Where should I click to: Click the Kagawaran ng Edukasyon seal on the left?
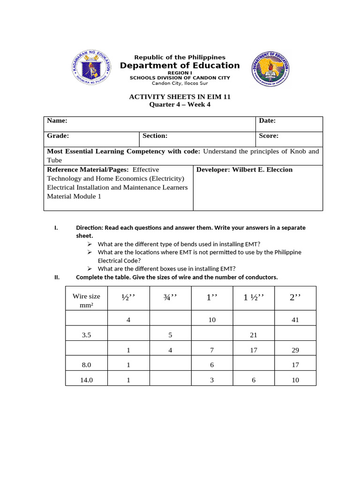[x=92, y=67]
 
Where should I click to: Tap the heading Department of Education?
[x=180, y=66]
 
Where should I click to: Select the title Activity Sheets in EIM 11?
[x=180, y=97]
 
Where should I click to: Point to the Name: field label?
[x=57, y=121]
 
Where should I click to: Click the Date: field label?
[x=267, y=121]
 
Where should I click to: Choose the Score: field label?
[x=269, y=136]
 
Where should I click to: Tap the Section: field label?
[x=155, y=136]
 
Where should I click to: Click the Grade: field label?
[x=58, y=136]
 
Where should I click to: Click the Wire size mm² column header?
[x=86, y=300]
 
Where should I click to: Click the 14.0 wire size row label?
[x=86, y=380]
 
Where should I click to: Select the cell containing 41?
[x=295, y=320]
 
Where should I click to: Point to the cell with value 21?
[x=254, y=335]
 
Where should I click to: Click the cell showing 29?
[x=295, y=350]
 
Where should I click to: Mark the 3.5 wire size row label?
[x=86, y=335]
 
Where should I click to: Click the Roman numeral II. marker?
[x=57, y=277]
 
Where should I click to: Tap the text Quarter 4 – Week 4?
[x=180, y=105]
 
